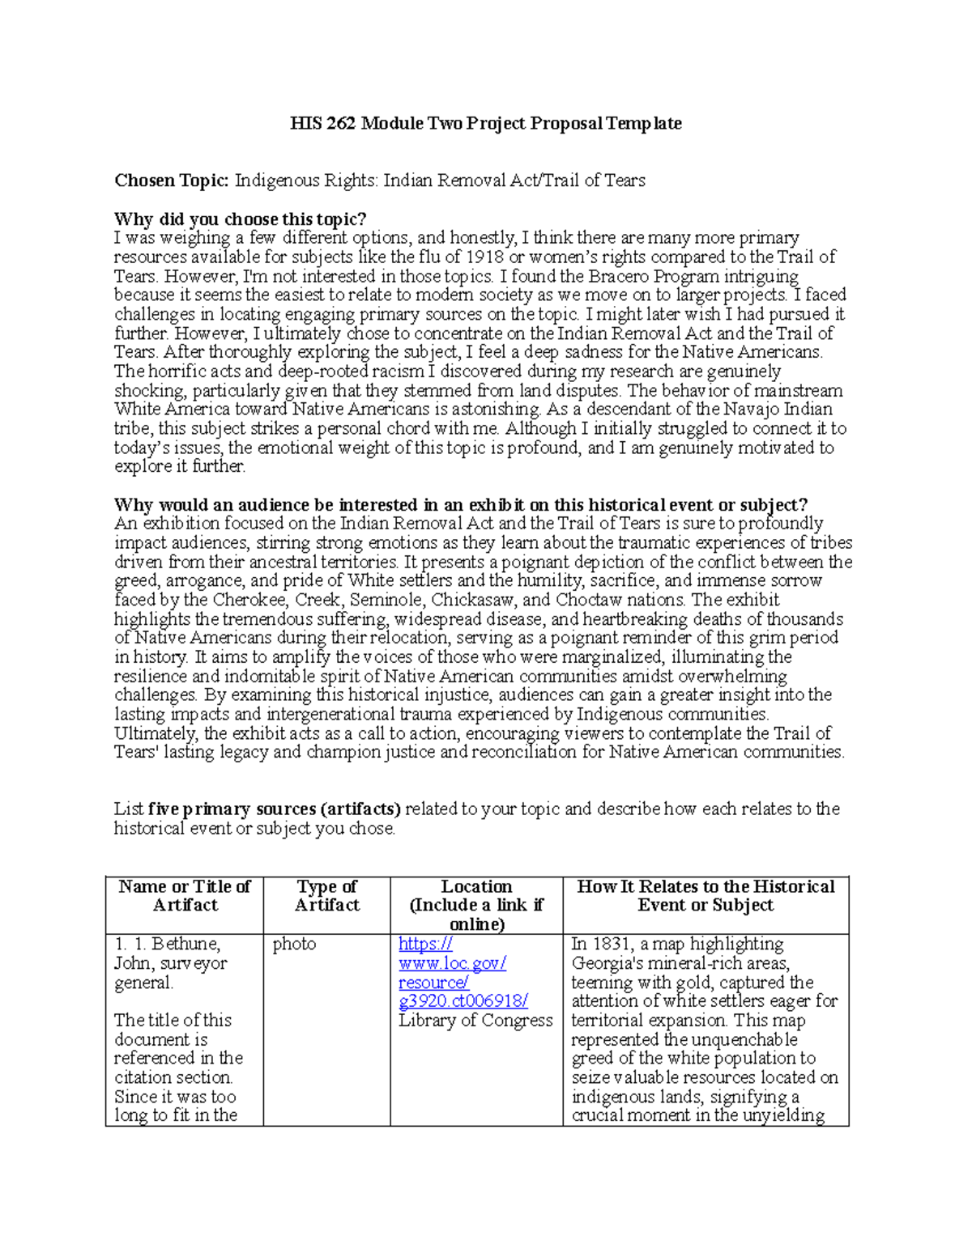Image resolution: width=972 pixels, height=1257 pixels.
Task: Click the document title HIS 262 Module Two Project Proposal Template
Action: coord(486,124)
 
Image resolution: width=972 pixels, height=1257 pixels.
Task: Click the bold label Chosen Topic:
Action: coord(172,180)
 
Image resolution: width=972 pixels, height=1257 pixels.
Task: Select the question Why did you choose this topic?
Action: coord(241,219)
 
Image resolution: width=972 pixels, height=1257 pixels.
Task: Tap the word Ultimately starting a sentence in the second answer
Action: coord(155,734)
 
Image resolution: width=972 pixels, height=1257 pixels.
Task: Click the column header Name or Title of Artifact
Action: coord(185,896)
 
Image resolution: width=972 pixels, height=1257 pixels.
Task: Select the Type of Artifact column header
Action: coord(326,896)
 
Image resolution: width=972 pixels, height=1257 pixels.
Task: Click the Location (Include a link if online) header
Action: coord(476,906)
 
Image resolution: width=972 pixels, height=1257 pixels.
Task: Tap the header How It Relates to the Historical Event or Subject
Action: coord(706,896)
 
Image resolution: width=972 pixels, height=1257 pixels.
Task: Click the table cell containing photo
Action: coord(294,945)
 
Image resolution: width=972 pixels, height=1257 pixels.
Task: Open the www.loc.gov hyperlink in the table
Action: coord(452,963)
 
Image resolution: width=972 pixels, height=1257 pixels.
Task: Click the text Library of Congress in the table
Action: coord(475,1021)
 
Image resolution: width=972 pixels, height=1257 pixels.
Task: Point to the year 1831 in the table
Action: coord(611,945)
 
